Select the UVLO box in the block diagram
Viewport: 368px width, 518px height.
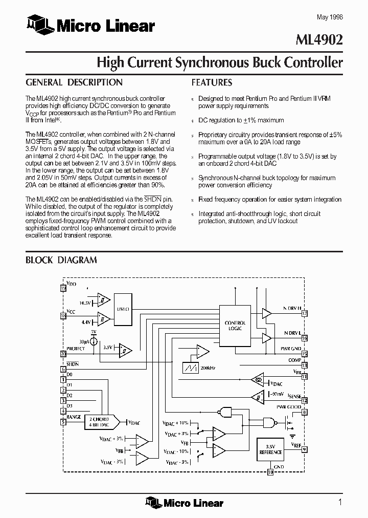click(123, 310)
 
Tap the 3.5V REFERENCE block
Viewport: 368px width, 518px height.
click(270, 449)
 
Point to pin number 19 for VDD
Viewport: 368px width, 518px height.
click(63, 289)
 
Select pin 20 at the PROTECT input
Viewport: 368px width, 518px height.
click(63, 353)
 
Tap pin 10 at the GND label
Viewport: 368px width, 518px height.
click(271, 472)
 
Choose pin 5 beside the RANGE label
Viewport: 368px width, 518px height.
click(63, 422)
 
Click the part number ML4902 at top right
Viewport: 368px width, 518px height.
click(323, 40)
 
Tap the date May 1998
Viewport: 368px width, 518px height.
click(330, 17)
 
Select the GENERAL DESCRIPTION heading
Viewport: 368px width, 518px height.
click(74, 82)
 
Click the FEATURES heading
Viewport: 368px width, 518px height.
click(212, 82)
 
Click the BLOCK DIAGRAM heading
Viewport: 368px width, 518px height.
click(61, 260)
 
